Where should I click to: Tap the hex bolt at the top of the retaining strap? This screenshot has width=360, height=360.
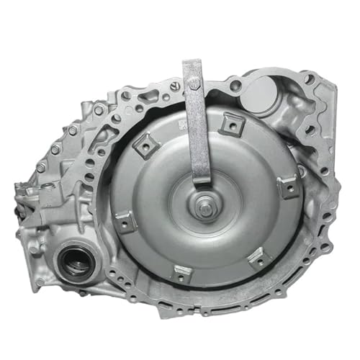[194, 84]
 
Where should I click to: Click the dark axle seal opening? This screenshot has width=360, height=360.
[76, 263]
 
